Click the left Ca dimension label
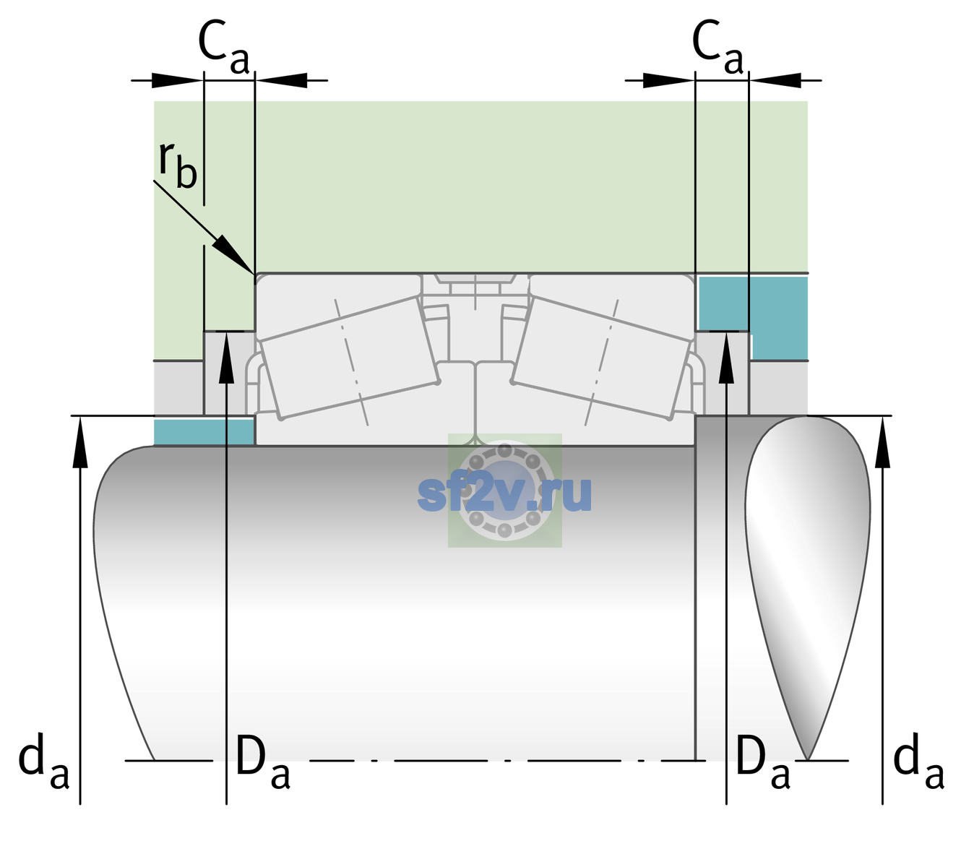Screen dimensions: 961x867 224,46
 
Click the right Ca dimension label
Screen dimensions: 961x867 718,46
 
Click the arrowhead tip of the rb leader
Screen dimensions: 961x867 254,274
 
